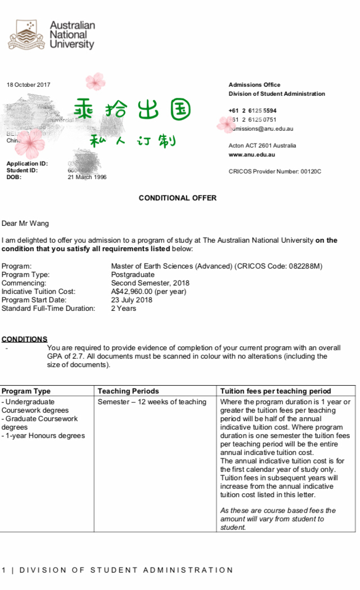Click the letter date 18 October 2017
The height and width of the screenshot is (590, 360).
tap(28, 85)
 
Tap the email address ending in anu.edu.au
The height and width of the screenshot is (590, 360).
tap(262, 128)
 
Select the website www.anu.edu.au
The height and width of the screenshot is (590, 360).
tap(251, 154)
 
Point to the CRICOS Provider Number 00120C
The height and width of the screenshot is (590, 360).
tap(274, 171)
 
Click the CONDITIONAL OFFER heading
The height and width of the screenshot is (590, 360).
tap(177, 198)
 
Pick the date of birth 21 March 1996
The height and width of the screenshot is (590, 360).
tap(87, 177)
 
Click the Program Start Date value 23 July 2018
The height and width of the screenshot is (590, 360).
tap(131, 300)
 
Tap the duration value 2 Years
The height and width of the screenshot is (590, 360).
tap(123, 309)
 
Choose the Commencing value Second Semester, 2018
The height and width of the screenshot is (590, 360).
tap(150, 283)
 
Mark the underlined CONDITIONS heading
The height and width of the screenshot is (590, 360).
tap(24, 339)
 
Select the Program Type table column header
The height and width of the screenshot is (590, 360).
tap(26, 391)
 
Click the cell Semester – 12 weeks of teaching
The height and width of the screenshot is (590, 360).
tap(152, 402)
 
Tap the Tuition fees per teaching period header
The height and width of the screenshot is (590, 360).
tap(275, 391)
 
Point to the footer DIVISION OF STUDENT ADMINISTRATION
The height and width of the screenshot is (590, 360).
tap(120, 570)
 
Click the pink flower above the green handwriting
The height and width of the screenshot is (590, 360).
tap(96, 82)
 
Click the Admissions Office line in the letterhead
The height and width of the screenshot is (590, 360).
tap(254, 85)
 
